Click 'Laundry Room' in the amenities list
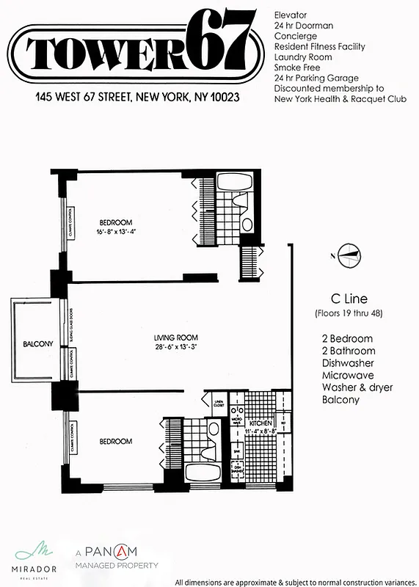pos(303,56)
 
